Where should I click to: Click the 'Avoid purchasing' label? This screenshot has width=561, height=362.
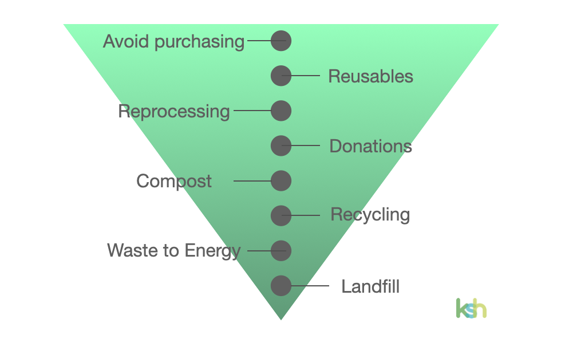coord(173,42)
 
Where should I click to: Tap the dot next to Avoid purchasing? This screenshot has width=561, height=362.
coord(281,41)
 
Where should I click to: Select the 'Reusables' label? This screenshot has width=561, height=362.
coord(370,76)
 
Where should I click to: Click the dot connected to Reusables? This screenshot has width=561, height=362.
coord(281,76)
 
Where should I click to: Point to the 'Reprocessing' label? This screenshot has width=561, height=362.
coord(174,111)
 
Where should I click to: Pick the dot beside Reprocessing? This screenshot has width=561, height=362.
coord(281,111)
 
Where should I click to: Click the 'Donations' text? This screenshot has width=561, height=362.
coord(370,146)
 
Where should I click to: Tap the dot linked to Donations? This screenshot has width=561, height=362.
coord(281,145)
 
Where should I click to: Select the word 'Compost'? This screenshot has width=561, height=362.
coord(174,182)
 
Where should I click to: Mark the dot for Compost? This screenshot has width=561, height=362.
coord(281,181)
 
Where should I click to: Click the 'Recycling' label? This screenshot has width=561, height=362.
coord(370,215)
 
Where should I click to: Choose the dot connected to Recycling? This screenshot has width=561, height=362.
coord(281,215)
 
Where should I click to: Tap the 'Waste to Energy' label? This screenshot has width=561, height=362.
coord(174,250)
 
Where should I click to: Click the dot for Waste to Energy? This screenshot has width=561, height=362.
coord(281,250)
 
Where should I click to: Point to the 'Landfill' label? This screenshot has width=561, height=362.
coord(370,286)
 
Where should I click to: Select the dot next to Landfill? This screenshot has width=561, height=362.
coord(281,285)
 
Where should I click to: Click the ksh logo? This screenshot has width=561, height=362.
coord(471,308)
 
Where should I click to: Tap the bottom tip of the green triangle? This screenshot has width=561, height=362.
coord(281,317)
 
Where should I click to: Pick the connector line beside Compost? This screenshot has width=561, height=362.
coord(252,181)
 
